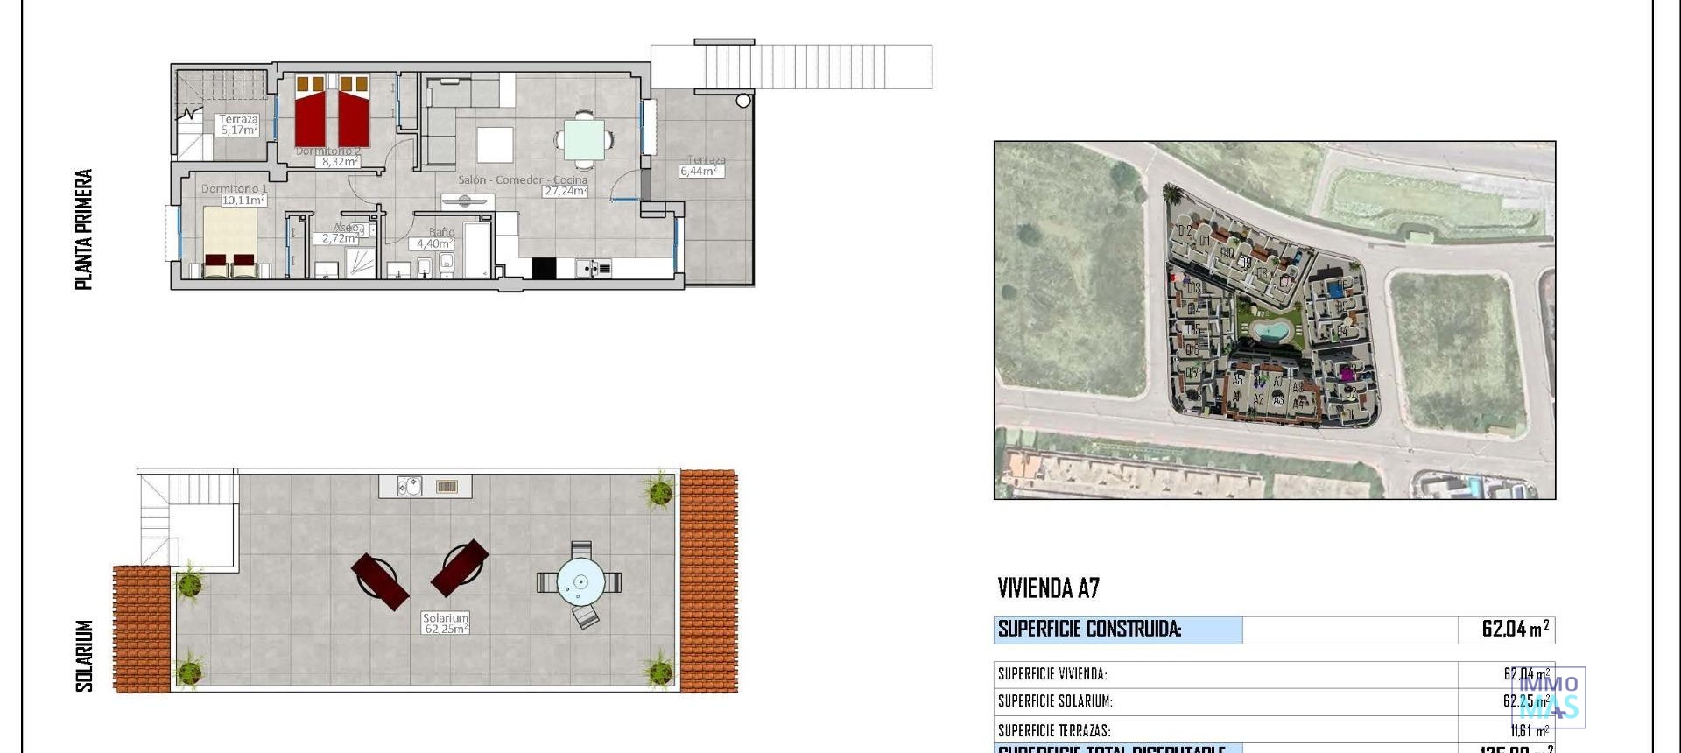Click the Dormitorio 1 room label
(x=234, y=188)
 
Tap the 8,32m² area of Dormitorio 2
(x=338, y=162)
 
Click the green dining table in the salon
(x=583, y=138)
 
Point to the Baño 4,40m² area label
(x=432, y=243)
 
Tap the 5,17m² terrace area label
(x=238, y=130)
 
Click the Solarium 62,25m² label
(x=446, y=623)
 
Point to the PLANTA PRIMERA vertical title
(x=84, y=229)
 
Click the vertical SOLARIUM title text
(x=84, y=656)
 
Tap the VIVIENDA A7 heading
(x=1048, y=588)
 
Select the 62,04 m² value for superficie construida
(x=1514, y=629)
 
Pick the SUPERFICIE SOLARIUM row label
(x=1054, y=701)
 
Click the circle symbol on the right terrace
(x=743, y=101)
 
